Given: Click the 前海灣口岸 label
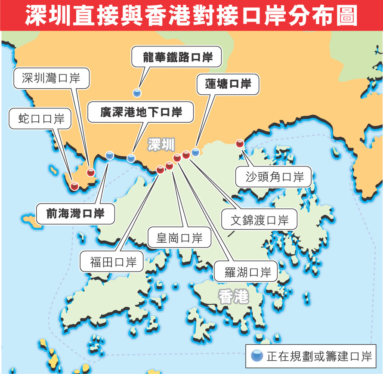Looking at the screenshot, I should tap(76, 213).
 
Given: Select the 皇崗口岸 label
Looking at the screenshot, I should tap(179, 238).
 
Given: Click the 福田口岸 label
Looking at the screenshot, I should tap(113, 262).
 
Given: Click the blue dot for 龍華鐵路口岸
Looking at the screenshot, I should tap(137, 93).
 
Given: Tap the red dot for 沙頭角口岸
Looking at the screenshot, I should tap(240, 144).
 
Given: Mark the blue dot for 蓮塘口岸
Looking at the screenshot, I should tap(196, 152).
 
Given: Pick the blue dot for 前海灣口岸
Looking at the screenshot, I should tap(110, 155).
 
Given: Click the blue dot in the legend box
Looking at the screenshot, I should tap(257, 356).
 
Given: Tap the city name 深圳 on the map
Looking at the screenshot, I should tap(161, 144).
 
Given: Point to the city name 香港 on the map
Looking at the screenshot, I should tap(233, 297).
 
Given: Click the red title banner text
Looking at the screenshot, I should tap(191, 15).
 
